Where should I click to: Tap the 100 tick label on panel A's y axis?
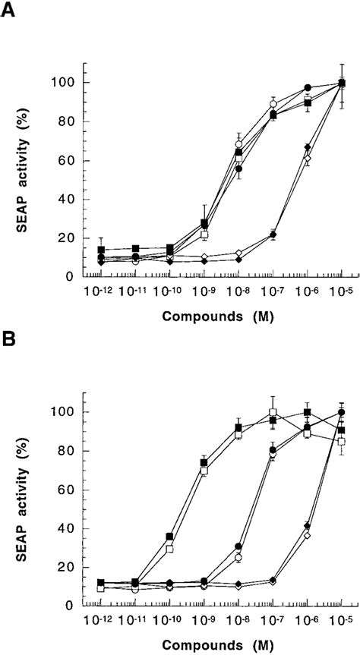pos(74,82)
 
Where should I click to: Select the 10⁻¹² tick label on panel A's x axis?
pos(101,293)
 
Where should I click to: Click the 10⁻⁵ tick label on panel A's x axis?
pos(342,293)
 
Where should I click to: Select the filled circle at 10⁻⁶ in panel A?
pos(308,88)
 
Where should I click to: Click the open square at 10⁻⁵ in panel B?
pos(342,441)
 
